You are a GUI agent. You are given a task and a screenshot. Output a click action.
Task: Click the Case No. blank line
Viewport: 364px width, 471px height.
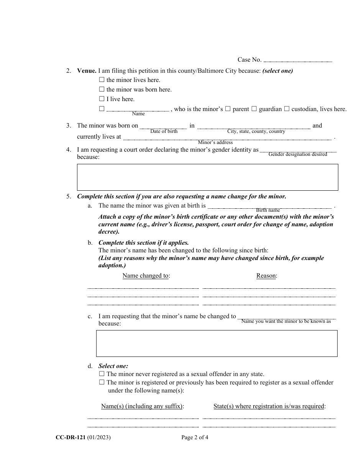[x=298, y=61]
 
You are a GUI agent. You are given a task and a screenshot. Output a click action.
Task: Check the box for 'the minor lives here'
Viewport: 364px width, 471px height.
[x=102, y=80]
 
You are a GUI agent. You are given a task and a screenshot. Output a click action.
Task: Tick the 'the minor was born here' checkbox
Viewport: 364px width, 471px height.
[x=102, y=90]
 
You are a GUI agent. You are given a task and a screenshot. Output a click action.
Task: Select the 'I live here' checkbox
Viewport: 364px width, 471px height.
[x=102, y=99]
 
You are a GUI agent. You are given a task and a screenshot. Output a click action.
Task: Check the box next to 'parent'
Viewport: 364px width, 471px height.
[x=228, y=109]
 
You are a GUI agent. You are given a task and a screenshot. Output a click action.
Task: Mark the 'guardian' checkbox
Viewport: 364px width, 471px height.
[x=254, y=109]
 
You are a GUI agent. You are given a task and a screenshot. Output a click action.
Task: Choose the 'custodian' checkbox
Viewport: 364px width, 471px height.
[x=287, y=109]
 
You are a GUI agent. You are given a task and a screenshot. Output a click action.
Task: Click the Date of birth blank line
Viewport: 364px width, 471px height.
[x=164, y=127]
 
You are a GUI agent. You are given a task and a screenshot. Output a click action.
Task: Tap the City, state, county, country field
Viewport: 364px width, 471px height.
[x=254, y=127]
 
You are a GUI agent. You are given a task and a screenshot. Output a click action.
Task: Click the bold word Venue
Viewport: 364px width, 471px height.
[x=87, y=71]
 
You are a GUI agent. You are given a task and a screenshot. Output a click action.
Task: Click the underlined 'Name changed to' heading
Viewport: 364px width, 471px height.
[x=146, y=276]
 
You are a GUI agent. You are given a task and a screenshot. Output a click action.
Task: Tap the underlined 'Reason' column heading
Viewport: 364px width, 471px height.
[x=266, y=276]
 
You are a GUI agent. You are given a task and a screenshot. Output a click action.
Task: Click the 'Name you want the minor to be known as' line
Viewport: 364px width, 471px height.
[x=287, y=317]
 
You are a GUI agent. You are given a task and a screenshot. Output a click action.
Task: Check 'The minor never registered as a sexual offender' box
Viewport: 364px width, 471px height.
[x=102, y=374]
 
